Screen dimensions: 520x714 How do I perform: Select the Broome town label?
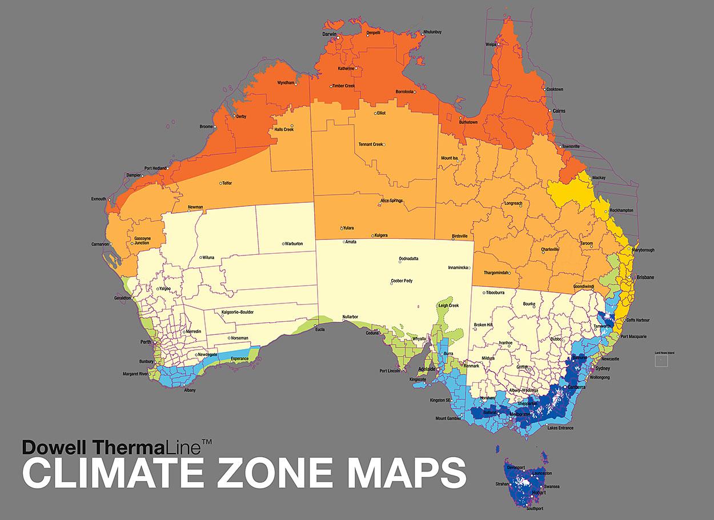pos(206,126)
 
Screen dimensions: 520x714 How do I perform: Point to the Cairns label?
pos(559,111)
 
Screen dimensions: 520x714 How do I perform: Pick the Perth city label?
pos(145,342)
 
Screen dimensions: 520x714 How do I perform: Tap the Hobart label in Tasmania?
pos(539,492)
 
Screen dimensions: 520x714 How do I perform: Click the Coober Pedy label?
pos(402,281)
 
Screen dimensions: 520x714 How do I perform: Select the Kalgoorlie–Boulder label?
pos(237,313)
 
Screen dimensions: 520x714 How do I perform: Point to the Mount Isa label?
pos(449,158)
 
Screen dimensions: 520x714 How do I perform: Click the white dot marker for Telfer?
pos(220,183)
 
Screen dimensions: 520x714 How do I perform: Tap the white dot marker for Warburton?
pos(283,244)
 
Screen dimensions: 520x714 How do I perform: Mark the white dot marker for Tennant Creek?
pos(385,145)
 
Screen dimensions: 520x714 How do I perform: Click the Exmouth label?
pos(98,199)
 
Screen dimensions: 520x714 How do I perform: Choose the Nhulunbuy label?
pos(432,32)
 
